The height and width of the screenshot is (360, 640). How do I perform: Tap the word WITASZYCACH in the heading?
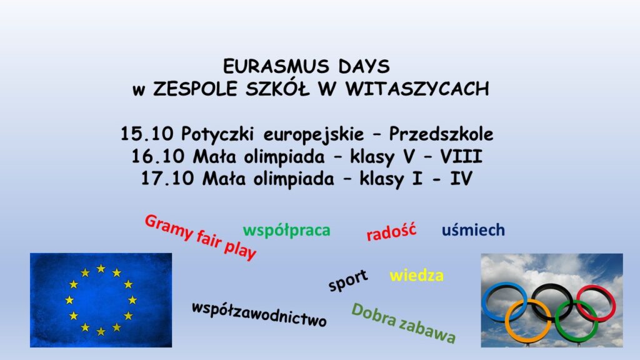[417, 89]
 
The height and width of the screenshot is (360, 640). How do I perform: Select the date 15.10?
[147, 134]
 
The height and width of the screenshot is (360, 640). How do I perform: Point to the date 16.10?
[157, 156]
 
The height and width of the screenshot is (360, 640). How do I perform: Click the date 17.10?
[167, 179]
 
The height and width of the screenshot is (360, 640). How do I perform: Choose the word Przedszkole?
[441, 134]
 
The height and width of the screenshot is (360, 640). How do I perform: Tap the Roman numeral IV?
[461, 179]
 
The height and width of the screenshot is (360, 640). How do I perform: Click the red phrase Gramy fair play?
[201, 237]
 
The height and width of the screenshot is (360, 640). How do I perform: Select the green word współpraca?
[286, 231]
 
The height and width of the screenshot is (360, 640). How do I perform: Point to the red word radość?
[391, 231]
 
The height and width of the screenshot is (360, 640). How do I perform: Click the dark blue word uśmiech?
[474, 230]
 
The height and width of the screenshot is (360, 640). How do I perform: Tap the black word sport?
[348, 281]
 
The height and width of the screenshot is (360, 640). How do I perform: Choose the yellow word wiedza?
[417, 276]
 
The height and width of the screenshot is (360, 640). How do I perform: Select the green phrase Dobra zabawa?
[403, 323]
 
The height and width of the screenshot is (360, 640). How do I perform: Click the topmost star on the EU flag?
[101, 269]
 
